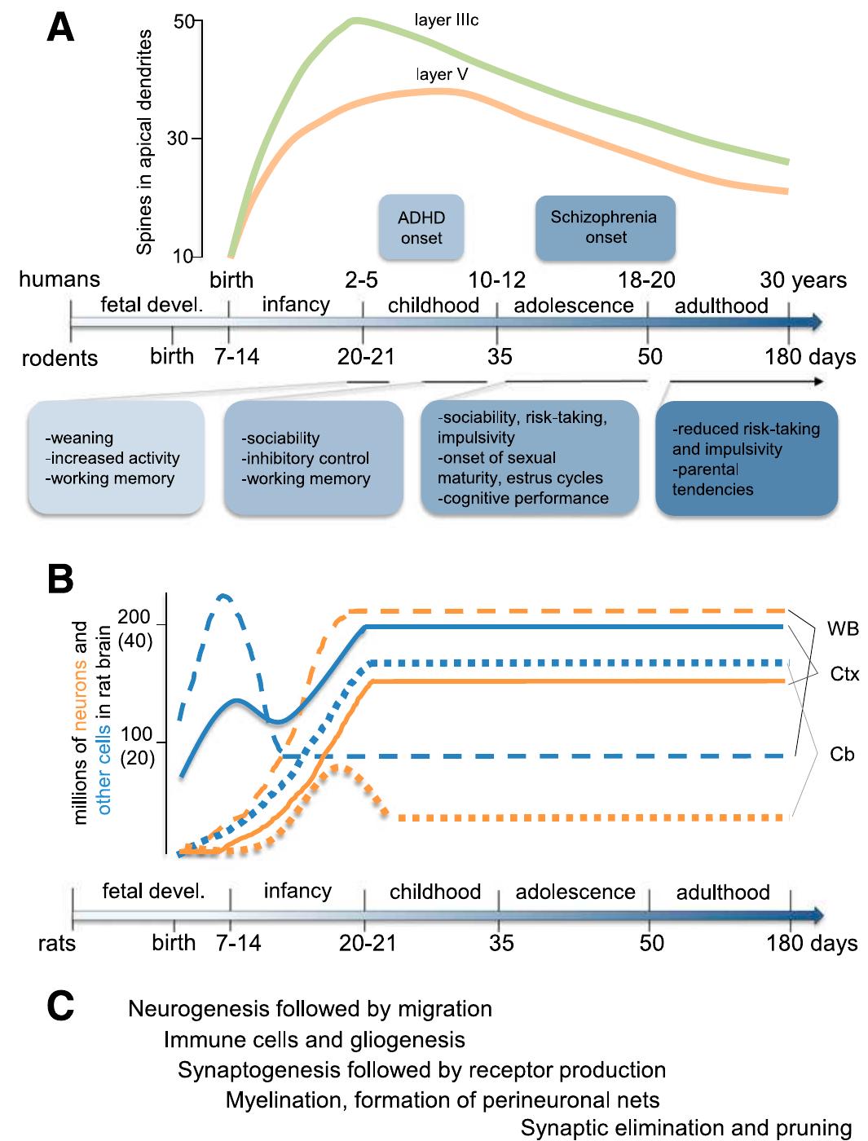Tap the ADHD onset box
(x=421, y=228)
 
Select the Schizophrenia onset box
(x=605, y=227)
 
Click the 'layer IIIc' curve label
(x=446, y=20)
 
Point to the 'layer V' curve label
(x=441, y=74)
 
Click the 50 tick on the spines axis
(x=183, y=21)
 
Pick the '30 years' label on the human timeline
(x=803, y=280)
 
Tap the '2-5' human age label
(x=361, y=280)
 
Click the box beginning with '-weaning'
(x=116, y=458)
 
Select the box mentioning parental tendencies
(x=747, y=459)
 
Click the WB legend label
(x=843, y=628)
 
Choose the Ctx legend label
(x=844, y=675)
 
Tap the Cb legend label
(x=842, y=755)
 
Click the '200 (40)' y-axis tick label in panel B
(x=134, y=629)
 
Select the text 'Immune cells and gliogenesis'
(x=314, y=1040)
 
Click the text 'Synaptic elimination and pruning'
(x=685, y=1128)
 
